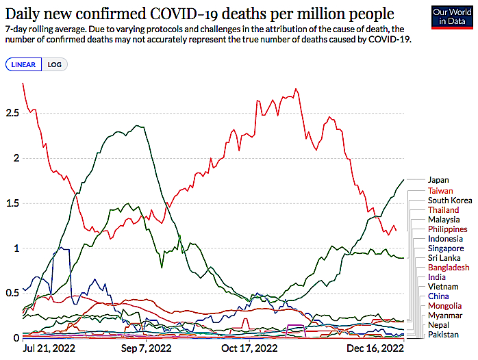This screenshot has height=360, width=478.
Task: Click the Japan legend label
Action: pos(438,180)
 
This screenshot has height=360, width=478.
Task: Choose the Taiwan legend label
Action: pos(440,190)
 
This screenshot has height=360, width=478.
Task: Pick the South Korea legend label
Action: pos(450,200)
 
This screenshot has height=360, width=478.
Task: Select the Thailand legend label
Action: pos(444,209)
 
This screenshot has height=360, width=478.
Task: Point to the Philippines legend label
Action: pos(447,229)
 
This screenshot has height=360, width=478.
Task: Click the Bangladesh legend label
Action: pos(449,267)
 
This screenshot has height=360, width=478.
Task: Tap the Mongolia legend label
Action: pos(444,305)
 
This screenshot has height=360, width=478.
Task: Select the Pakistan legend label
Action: pos(443,334)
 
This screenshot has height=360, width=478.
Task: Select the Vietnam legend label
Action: pos(442,286)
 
